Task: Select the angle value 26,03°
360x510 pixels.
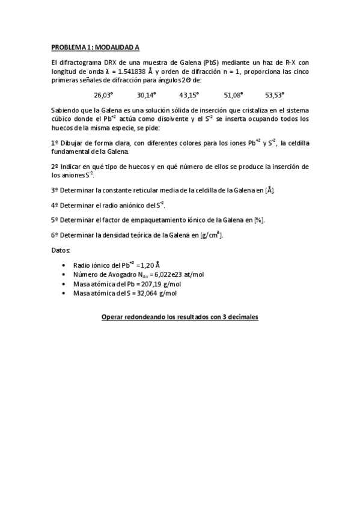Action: (x=103, y=95)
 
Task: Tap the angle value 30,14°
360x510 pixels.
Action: (x=146, y=95)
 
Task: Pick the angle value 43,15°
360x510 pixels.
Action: (x=189, y=95)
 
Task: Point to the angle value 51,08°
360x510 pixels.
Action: (x=233, y=95)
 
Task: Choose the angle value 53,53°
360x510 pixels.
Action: (x=275, y=95)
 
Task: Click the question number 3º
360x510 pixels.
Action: (x=55, y=190)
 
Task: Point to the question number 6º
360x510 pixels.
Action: (x=55, y=235)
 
